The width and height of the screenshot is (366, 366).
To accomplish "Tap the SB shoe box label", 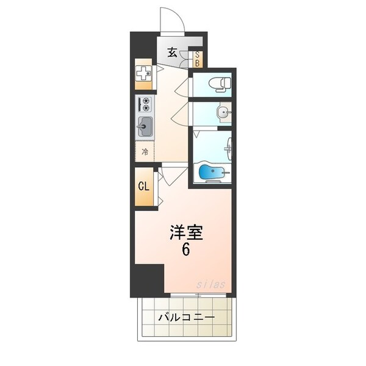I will point(197,58).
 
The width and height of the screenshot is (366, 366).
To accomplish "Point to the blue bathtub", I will point(212,174).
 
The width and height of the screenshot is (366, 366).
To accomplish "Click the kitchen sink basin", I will point(145,127).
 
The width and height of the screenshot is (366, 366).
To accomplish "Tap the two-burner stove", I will point(145,104).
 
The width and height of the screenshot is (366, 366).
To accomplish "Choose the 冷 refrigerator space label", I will point(145,152).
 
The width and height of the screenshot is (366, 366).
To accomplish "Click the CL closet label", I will point(144,186).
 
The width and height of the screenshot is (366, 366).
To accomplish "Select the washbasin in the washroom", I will point(223,112).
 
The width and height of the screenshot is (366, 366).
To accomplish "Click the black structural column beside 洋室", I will point(149,279).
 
